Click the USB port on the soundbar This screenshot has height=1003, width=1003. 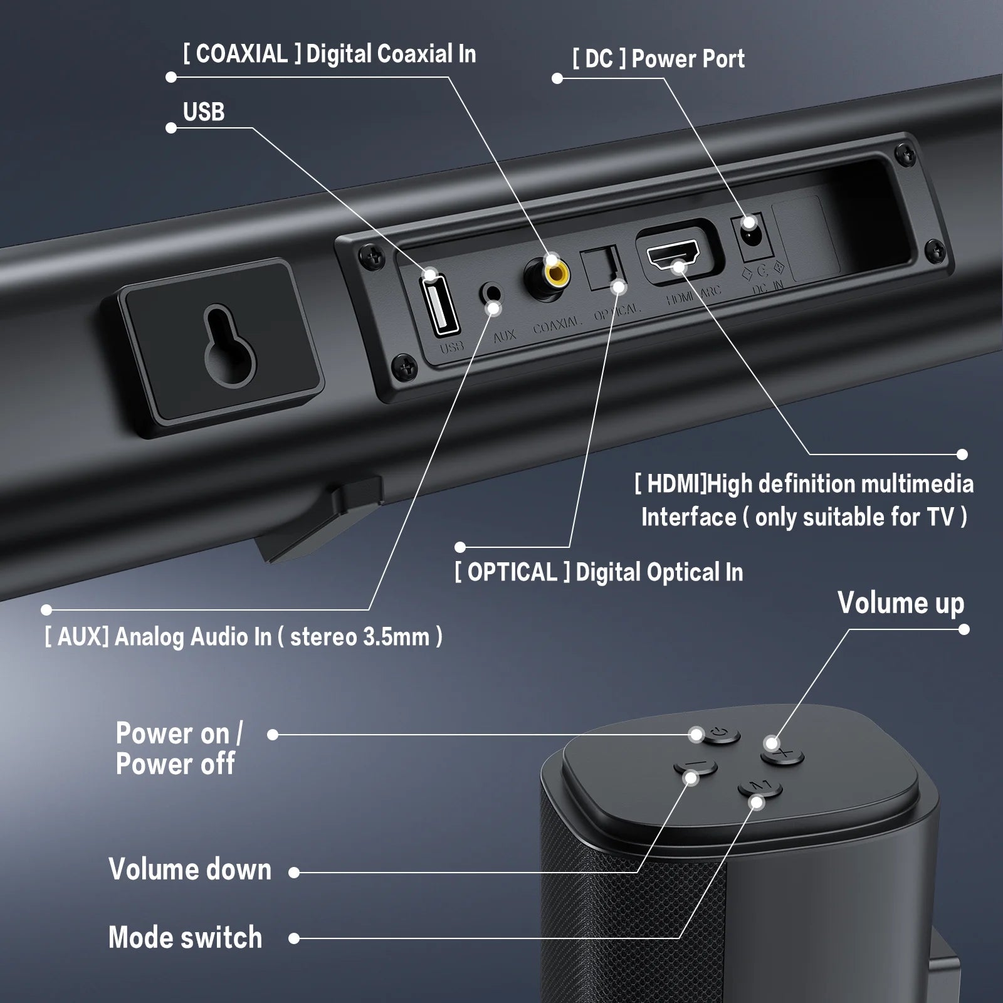click(x=439, y=305)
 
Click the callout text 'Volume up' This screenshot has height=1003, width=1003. click(x=900, y=603)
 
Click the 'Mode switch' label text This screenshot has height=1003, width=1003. click(x=186, y=938)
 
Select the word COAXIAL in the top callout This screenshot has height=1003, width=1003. click(x=241, y=55)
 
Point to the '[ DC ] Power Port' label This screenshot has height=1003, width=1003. click(x=658, y=59)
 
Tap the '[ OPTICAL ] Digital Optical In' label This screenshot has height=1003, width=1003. click(x=599, y=572)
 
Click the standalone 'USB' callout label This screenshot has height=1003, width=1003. click(x=204, y=112)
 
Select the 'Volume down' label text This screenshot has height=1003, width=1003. click(x=190, y=869)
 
